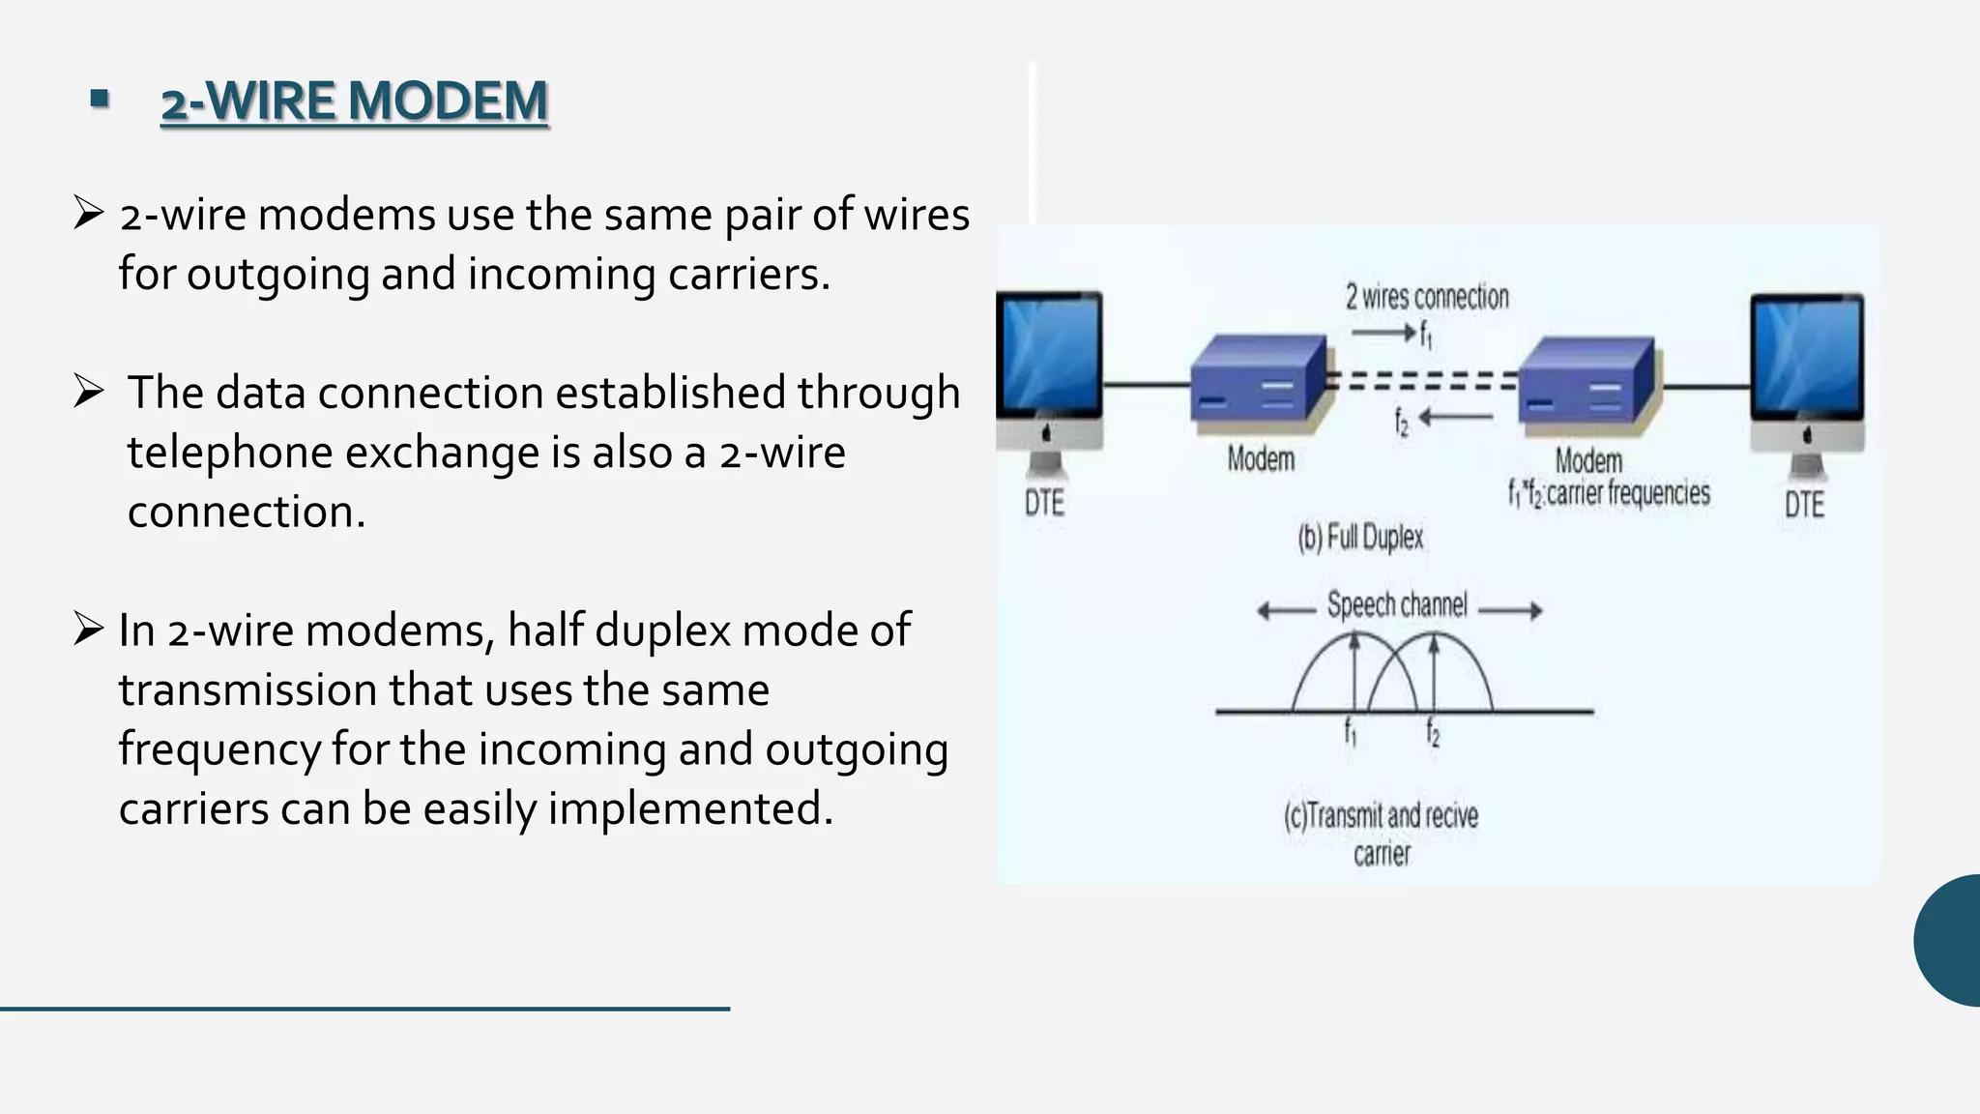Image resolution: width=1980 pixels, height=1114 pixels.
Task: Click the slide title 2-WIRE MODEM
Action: point(354,102)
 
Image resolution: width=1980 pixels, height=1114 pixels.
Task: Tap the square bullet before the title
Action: point(100,99)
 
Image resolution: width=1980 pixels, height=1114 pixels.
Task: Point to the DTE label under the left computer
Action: point(1044,503)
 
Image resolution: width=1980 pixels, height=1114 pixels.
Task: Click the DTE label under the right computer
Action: point(1804,505)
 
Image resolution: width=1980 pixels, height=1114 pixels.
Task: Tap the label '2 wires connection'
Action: point(1427,297)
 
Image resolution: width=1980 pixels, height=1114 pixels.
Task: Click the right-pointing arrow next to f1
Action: point(1383,334)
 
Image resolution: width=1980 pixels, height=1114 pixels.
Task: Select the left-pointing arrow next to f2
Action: point(1456,418)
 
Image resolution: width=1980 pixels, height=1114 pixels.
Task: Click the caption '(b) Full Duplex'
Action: point(1360,537)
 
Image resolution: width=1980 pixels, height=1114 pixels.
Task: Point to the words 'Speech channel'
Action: point(1397,605)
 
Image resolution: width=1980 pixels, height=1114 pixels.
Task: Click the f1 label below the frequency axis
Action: point(1351,734)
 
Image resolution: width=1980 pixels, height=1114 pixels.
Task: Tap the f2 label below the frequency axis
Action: point(1433,734)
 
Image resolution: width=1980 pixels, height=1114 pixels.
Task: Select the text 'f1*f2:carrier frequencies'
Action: point(1609,494)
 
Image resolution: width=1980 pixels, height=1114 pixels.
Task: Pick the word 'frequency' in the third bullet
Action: point(218,750)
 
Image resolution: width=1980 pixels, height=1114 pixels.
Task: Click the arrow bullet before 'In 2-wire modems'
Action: point(88,630)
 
